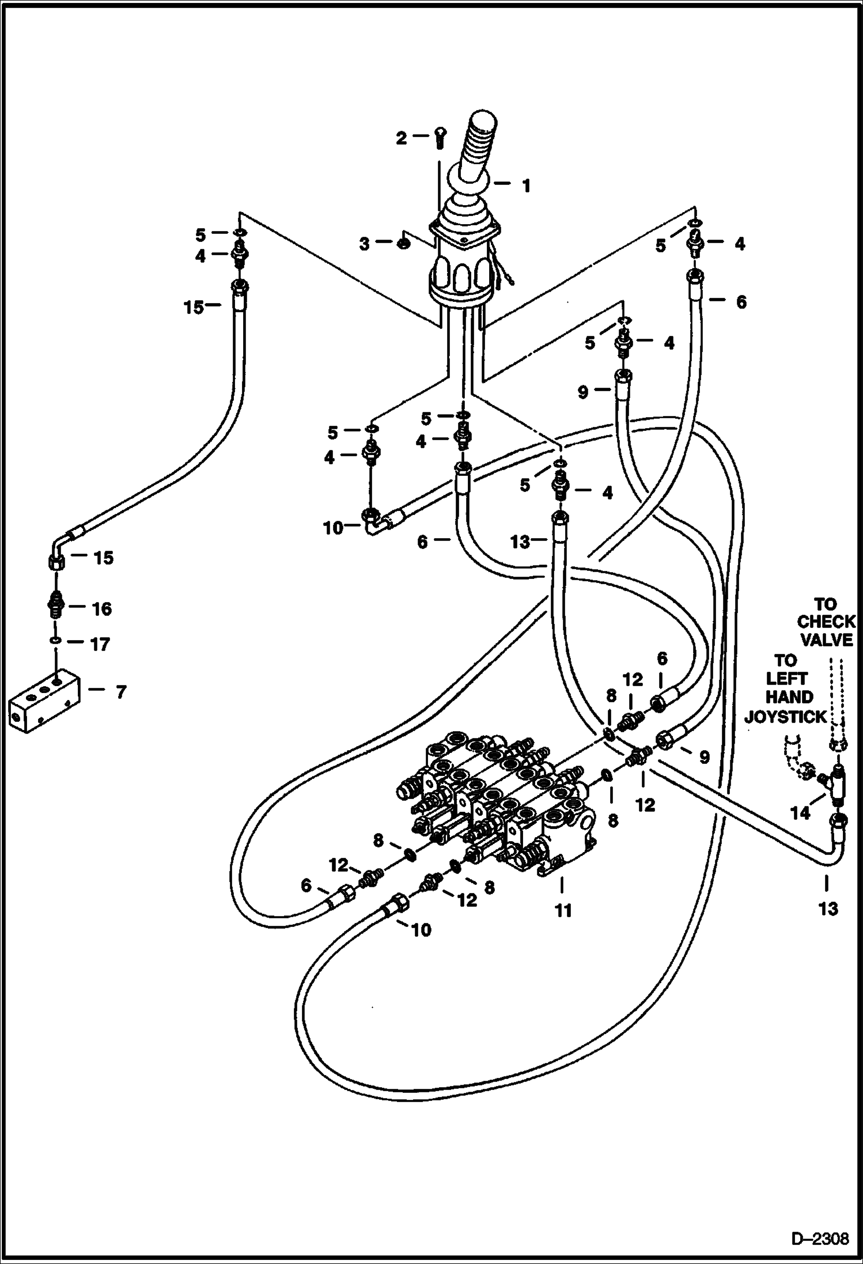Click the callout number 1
(525, 186)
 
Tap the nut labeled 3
(403, 244)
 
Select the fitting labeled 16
(56, 607)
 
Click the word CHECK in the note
(826, 622)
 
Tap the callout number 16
(101, 608)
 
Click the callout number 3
(364, 244)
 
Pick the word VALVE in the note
(826, 640)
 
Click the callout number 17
(100, 644)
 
